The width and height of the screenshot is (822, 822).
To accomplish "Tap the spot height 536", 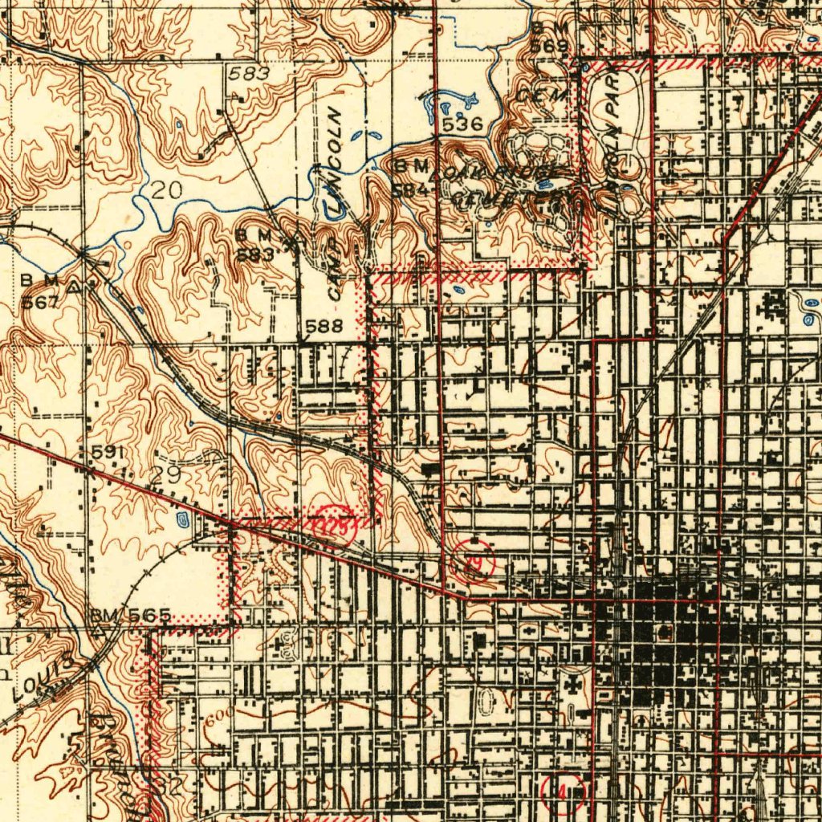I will [462, 124].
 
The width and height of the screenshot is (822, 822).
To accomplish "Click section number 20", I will [165, 190].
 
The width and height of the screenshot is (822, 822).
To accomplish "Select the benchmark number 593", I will [255, 254].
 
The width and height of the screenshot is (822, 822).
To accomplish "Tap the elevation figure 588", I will [325, 326].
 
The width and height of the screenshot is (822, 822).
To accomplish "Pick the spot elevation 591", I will [107, 453].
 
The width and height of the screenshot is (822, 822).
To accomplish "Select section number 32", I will [169, 787].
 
